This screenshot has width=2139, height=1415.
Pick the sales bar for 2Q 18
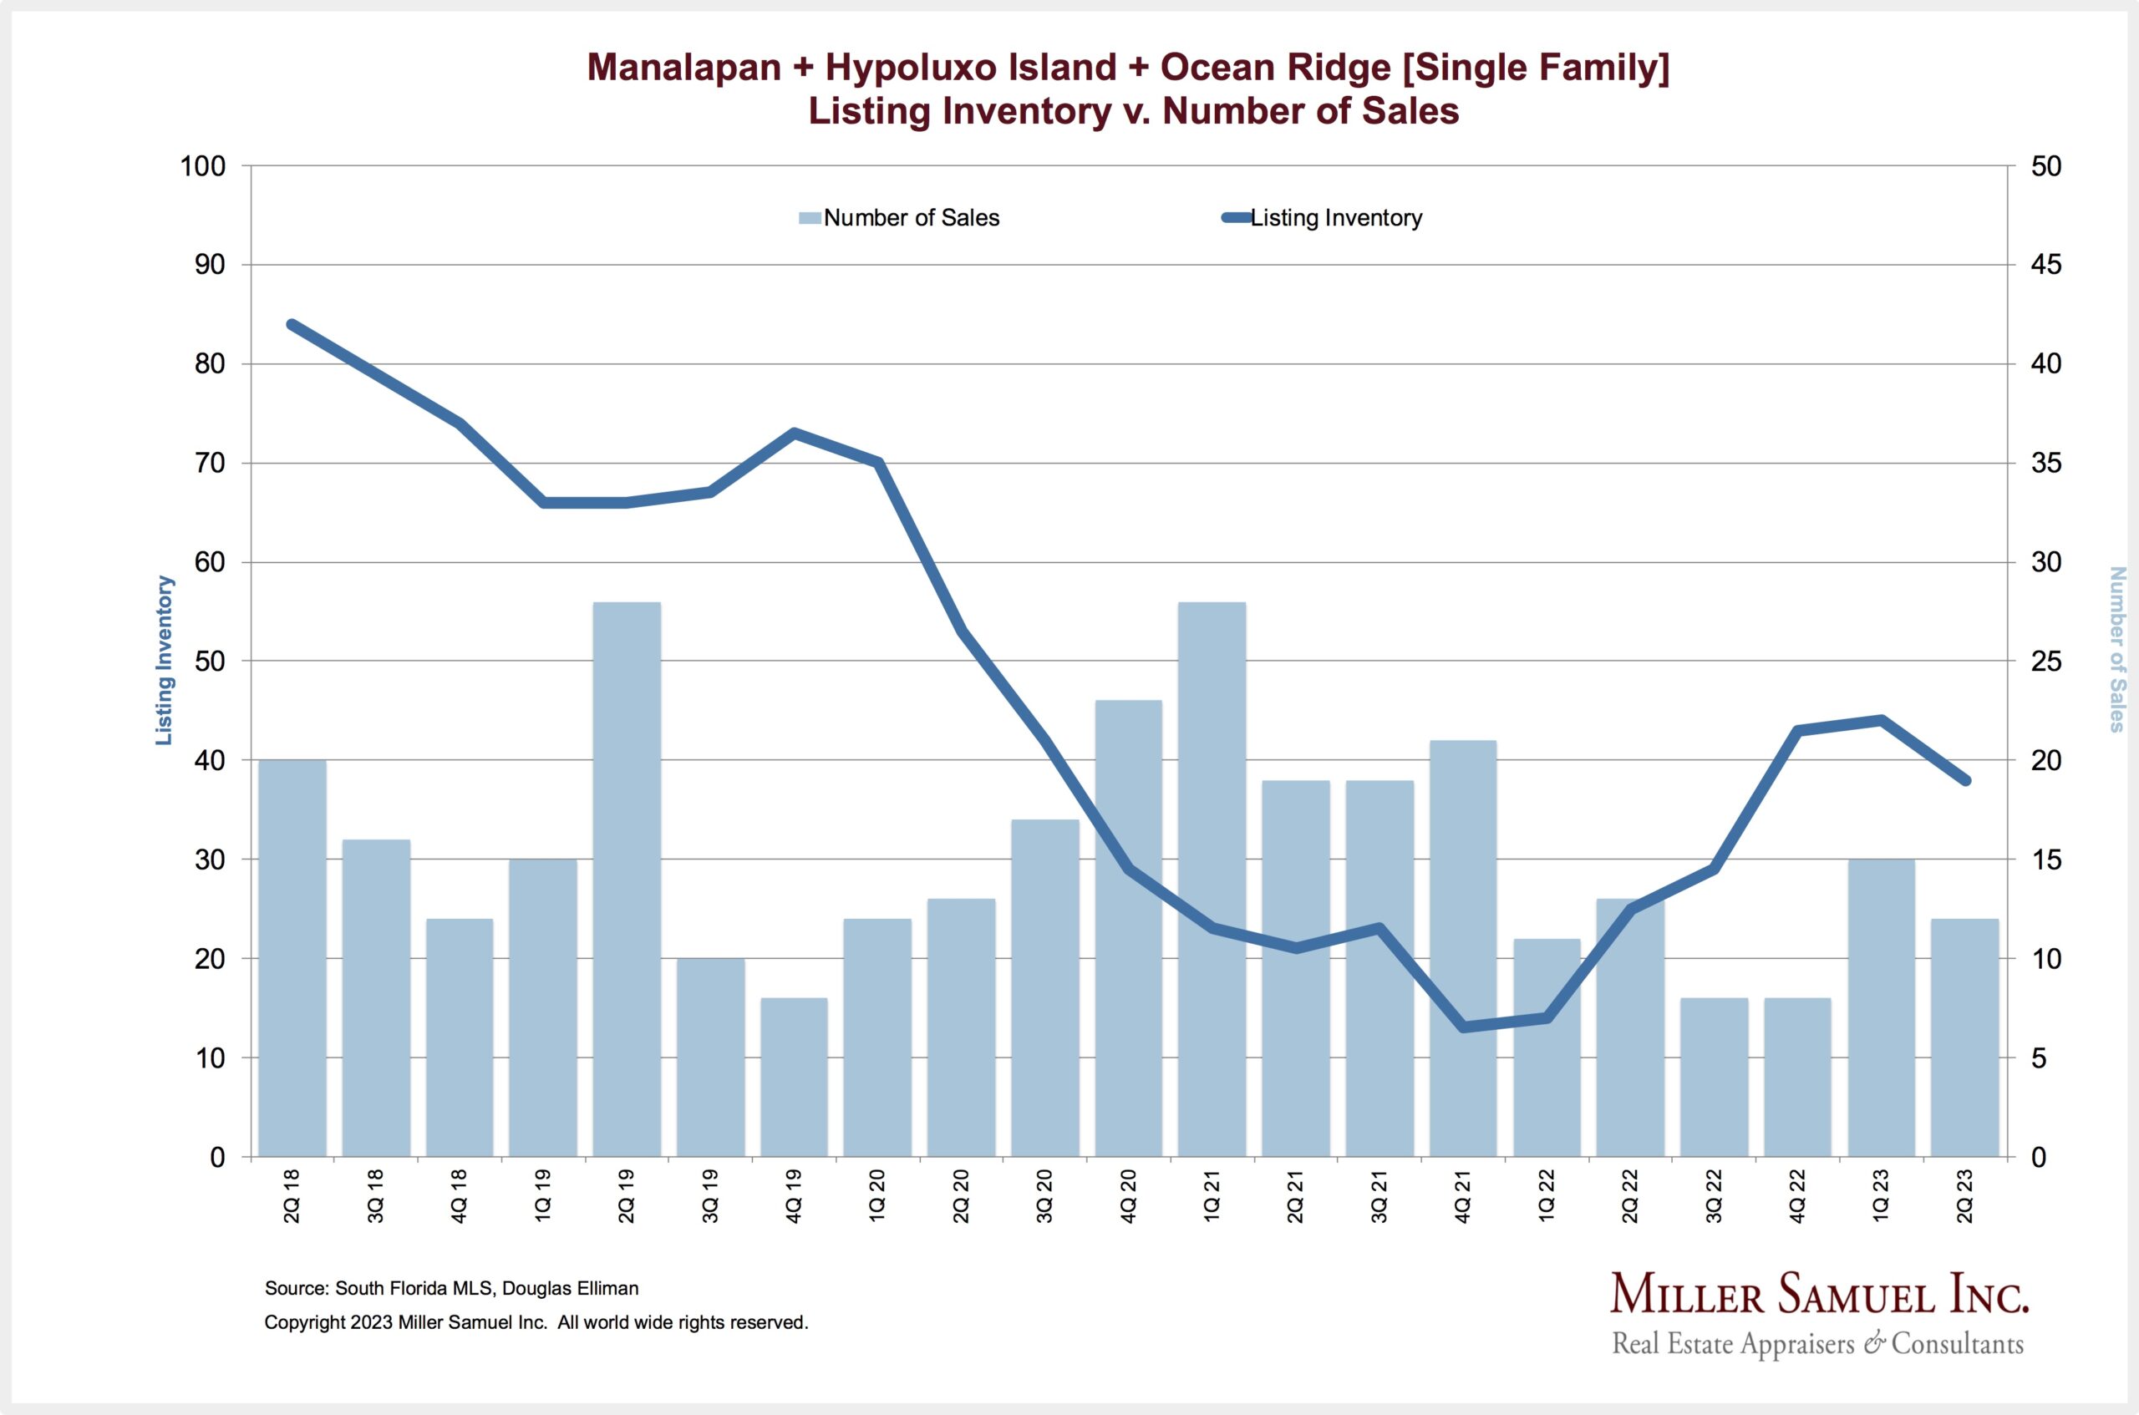point(292,957)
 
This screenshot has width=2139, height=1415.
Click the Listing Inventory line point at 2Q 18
point(292,325)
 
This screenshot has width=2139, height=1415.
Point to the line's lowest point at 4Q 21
point(1462,1027)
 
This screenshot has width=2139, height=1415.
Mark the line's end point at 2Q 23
point(1965,779)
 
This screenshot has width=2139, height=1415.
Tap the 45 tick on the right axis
point(2046,266)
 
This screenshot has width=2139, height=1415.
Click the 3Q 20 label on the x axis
point(1044,1195)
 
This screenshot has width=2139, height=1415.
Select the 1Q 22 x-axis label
point(1546,1195)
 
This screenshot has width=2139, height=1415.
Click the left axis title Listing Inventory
point(164,661)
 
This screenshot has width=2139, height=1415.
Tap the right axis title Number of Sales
point(2116,649)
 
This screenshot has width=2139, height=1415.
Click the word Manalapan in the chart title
point(683,68)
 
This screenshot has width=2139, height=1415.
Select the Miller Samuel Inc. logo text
point(1819,1294)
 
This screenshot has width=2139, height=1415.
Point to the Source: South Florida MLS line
point(451,1289)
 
